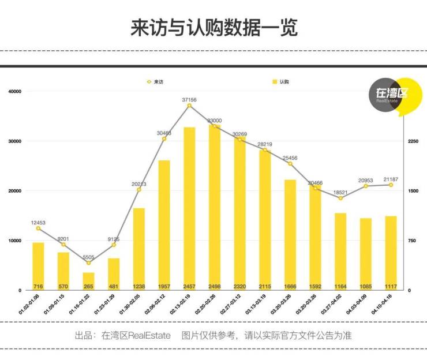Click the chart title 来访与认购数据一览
tap(213, 28)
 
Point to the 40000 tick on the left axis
tap(14, 92)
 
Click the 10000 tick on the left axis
tap(14, 241)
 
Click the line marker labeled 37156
tap(189, 106)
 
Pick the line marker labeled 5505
tap(88, 263)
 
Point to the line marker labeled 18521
tap(340, 198)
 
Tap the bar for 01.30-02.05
tap(139, 248)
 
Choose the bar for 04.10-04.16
tap(391, 253)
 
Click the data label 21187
tap(391, 179)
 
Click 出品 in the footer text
tap(83, 335)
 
